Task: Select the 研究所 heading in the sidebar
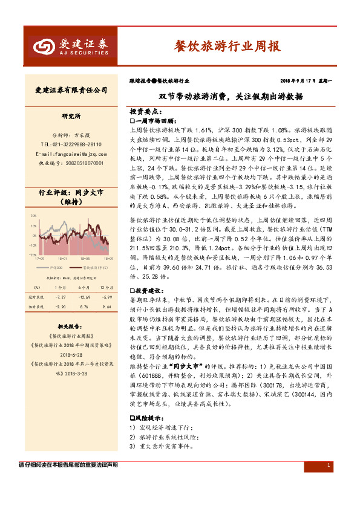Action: tap(71, 115)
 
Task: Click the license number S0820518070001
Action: tap(71, 163)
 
